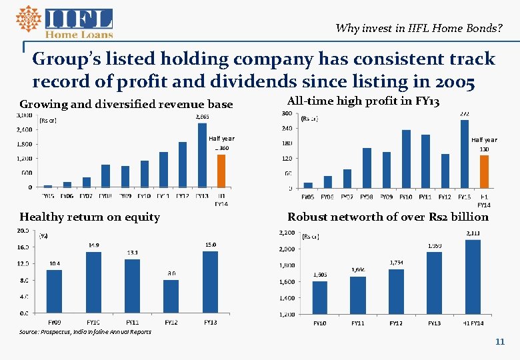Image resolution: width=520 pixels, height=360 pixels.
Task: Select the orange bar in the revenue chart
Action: [x=222, y=171]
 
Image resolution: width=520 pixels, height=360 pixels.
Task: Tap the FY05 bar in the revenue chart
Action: [x=48, y=185]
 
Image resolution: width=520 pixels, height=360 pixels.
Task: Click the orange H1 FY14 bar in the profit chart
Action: [x=484, y=171]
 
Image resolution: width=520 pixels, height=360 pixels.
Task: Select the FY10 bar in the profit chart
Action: [x=406, y=159]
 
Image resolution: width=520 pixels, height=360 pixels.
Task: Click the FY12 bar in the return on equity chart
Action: [x=171, y=296]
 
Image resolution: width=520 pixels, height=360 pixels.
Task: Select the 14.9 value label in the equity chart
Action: [x=94, y=245]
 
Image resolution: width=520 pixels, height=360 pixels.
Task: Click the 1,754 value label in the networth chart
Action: [x=397, y=263]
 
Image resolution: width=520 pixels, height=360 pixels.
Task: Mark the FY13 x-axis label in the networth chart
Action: [x=434, y=323]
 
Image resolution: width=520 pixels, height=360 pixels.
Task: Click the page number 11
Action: [x=499, y=341]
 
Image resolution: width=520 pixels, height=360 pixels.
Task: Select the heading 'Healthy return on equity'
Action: [x=89, y=217]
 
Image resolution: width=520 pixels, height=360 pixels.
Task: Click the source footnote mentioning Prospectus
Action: [x=85, y=331]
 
